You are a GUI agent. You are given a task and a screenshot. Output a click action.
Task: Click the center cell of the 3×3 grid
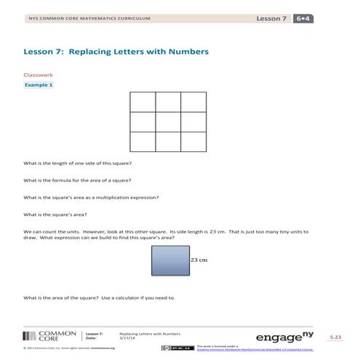168,121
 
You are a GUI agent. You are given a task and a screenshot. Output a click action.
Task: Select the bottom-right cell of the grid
193,140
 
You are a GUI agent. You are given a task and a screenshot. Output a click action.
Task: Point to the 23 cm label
199,259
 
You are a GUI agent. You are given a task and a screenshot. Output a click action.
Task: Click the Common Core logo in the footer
48,335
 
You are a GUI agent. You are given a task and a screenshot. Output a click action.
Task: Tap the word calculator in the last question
134,297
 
